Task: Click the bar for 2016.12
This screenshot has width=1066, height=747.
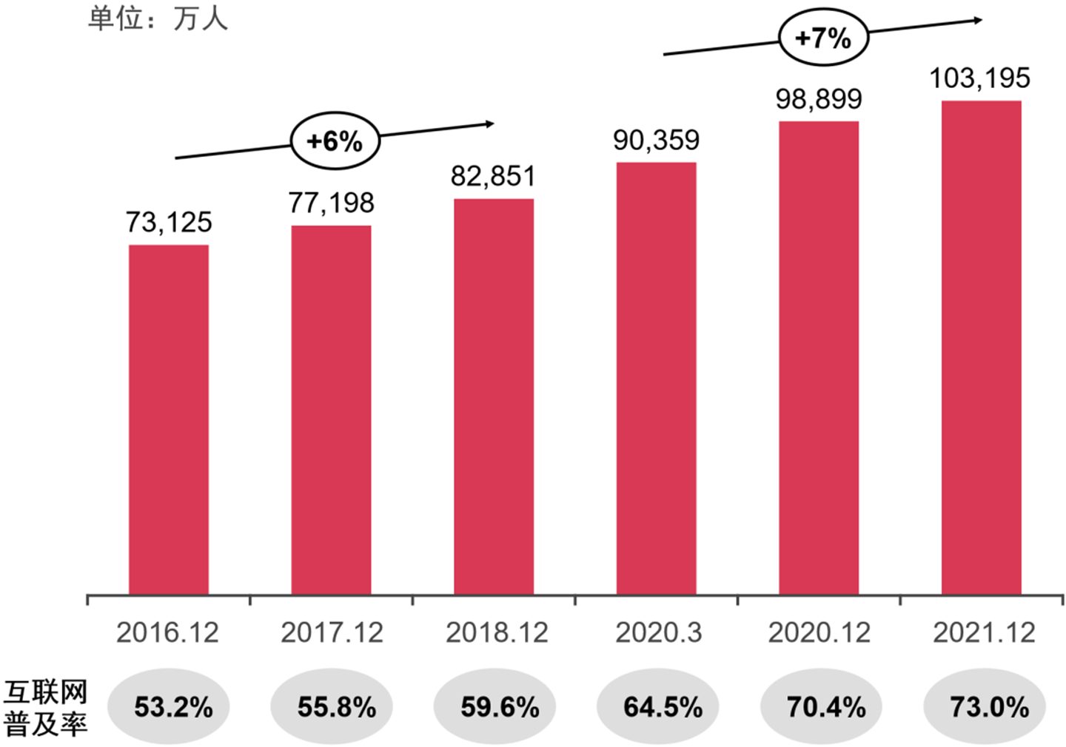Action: (x=169, y=419)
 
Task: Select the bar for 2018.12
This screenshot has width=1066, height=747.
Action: (x=494, y=396)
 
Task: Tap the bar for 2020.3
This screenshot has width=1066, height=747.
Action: (x=657, y=378)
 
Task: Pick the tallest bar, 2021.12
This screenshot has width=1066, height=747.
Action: (x=981, y=347)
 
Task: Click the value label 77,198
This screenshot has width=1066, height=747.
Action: (x=332, y=203)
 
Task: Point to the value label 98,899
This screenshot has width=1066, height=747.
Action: (x=819, y=99)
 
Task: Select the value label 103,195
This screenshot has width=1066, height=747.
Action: (x=980, y=78)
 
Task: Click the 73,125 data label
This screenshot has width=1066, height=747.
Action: (x=169, y=222)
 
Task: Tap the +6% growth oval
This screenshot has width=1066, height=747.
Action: (x=335, y=141)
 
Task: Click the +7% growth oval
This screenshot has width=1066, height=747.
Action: (x=823, y=37)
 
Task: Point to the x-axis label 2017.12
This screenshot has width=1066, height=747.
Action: (x=332, y=633)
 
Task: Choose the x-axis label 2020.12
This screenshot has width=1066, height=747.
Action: (x=819, y=633)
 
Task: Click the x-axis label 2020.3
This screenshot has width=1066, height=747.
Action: (x=658, y=633)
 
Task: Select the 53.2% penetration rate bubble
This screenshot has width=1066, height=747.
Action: (x=170, y=707)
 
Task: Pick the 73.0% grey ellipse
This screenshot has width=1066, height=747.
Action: (x=985, y=707)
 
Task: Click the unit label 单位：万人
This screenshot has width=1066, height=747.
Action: (x=158, y=18)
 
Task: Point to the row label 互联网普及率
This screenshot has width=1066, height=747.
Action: (x=46, y=708)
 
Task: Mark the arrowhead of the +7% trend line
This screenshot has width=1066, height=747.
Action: (x=979, y=20)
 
